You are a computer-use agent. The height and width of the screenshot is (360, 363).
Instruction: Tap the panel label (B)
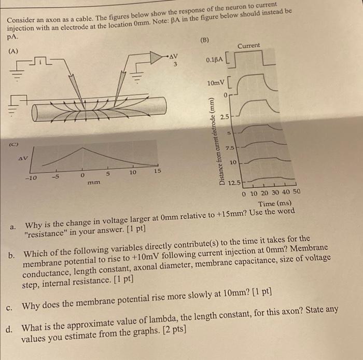pos(205,40)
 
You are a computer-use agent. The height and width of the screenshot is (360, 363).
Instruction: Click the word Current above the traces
pos(249,46)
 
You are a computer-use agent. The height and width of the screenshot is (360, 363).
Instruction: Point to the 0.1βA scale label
pos(215,61)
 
